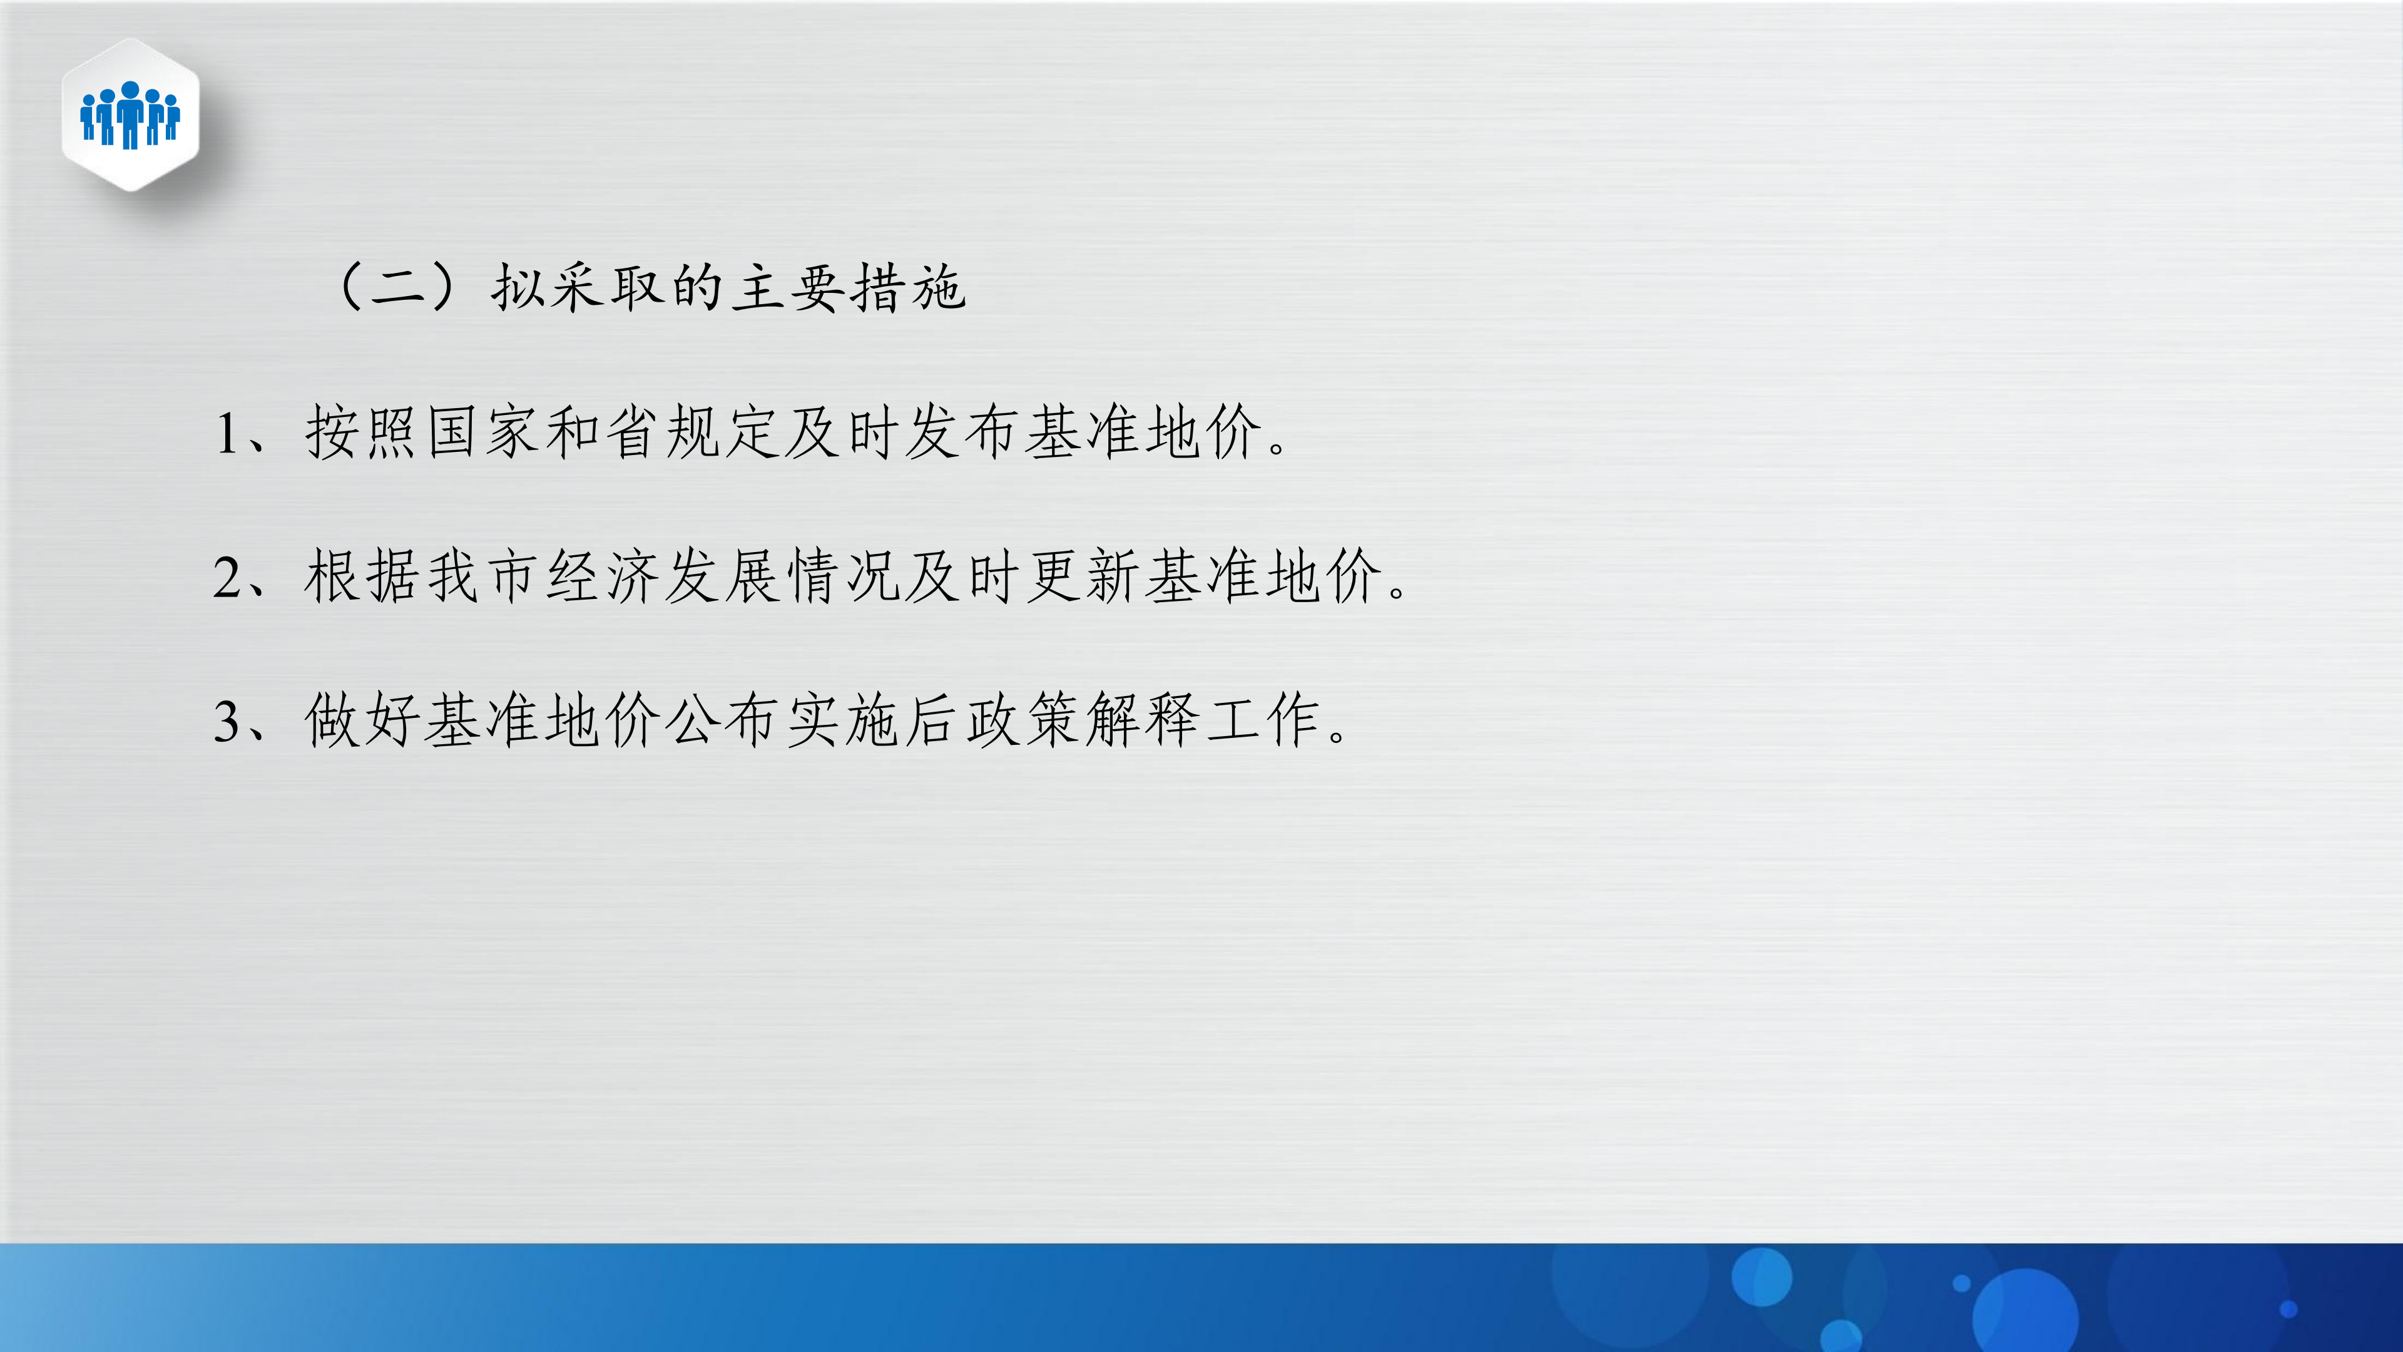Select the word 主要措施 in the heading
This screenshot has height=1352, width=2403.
tap(847, 287)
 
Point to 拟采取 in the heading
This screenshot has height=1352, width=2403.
tap(578, 287)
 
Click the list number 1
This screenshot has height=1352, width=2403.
tap(227, 434)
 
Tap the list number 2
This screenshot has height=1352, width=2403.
tap(227, 578)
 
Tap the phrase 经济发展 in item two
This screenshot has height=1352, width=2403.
tap(663, 576)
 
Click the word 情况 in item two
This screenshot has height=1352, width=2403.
tap(844, 576)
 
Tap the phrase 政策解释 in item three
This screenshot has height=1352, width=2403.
tap(1023, 720)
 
